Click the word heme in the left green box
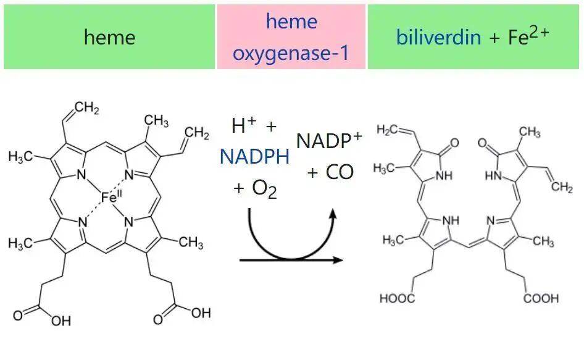coord(109,37)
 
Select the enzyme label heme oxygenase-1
coord(291,37)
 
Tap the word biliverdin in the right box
coord(438,37)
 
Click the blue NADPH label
coord(254,157)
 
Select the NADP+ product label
coord(329,141)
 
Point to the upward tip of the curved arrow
coord(333,214)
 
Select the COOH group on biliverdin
coord(541,299)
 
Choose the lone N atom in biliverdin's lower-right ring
coord(492,220)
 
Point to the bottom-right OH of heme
coord(200,313)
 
